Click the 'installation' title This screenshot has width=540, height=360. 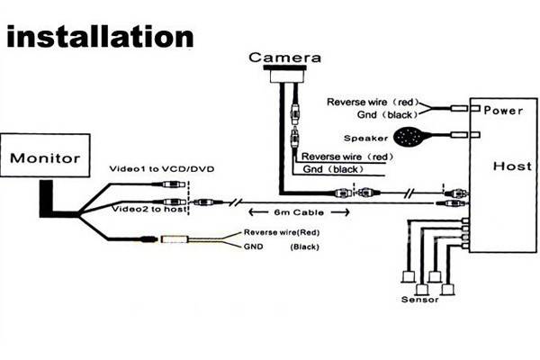click(102, 37)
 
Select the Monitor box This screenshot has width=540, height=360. click(45, 158)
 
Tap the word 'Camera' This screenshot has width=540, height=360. click(285, 58)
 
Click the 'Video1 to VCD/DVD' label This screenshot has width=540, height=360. click(162, 168)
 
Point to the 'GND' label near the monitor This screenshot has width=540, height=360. click(254, 245)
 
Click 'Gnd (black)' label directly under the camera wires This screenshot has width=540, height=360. click(331, 169)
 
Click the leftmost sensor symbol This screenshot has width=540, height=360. click(407, 273)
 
